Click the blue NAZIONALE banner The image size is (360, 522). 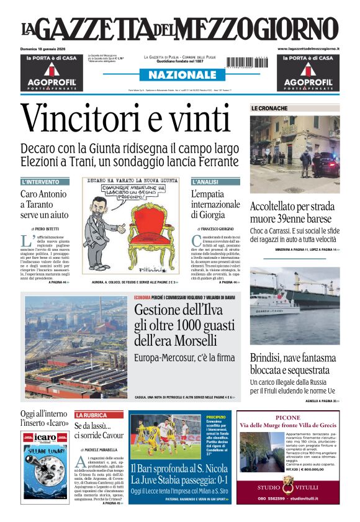click(x=179, y=75)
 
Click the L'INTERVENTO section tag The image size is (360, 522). click(x=41, y=182)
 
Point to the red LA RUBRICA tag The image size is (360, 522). click(x=91, y=415)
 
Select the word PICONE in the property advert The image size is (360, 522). click(x=287, y=418)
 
